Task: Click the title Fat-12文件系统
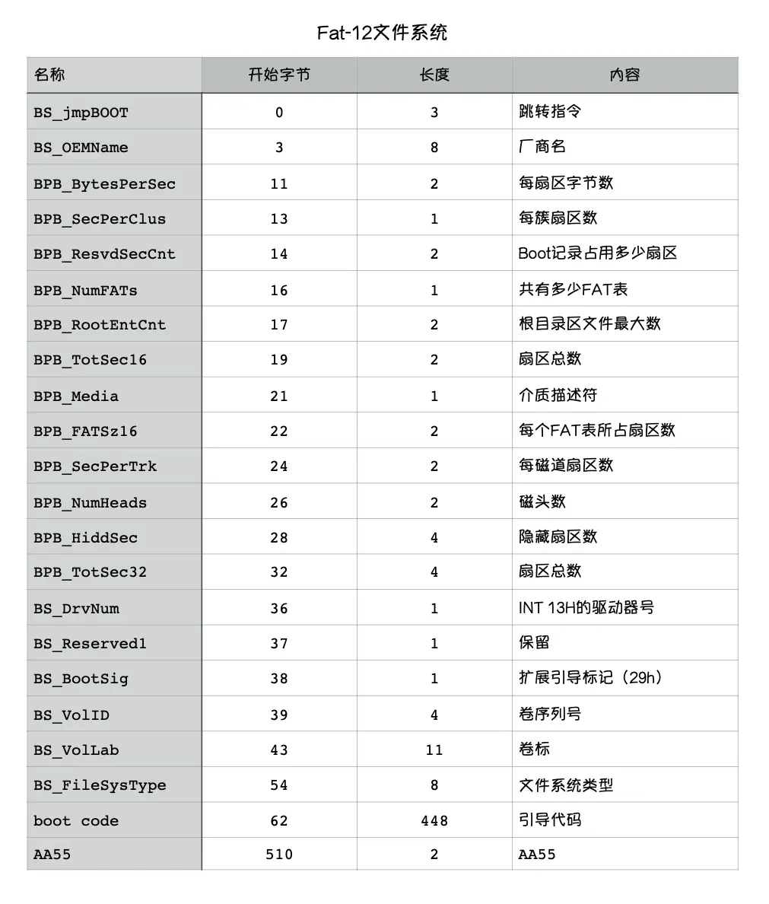tap(382, 33)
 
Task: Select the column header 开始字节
tap(279, 75)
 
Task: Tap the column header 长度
tap(434, 75)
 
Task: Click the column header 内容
tap(624, 75)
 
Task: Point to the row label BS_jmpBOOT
tap(81, 113)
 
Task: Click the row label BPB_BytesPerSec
tap(104, 183)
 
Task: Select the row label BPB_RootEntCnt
tap(100, 325)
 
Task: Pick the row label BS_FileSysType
tap(100, 785)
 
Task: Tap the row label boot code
tap(76, 821)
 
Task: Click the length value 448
tap(434, 821)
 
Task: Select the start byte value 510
tap(279, 855)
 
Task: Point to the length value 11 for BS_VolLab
tap(434, 750)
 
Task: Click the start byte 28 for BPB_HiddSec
tap(279, 538)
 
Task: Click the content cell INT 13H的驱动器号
tap(586, 608)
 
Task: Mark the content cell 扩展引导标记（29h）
tap(590, 678)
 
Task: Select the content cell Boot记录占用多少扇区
tap(597, 253)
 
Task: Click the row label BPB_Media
tap(76, 396)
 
